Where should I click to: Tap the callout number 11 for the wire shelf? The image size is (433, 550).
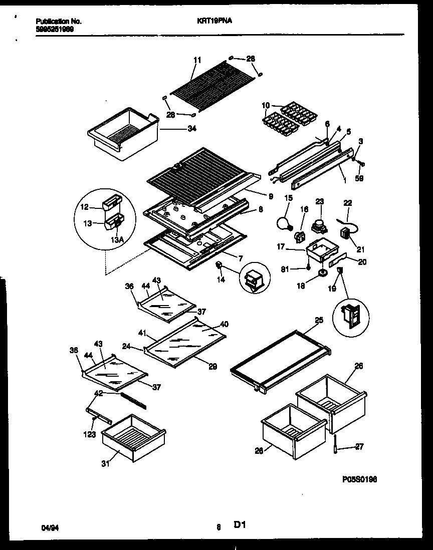point(197,60)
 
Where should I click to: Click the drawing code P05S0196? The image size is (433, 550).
point(360,479)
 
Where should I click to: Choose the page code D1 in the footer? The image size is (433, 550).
point(239,525)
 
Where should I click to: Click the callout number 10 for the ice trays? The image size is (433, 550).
point(265,105)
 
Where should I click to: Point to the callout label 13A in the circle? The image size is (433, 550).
point(117,240)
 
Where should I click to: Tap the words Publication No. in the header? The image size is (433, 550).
point(59,22)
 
